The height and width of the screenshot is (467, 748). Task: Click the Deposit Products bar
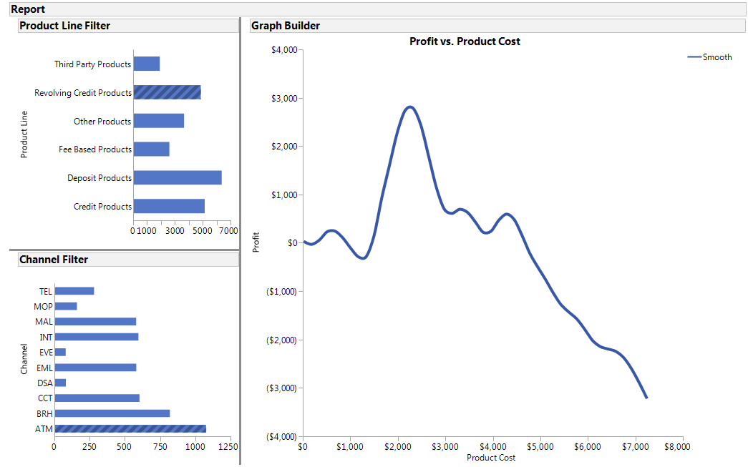coord(178,178)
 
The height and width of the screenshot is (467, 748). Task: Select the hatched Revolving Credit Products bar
coord(167,92)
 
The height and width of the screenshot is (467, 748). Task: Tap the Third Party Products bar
coord(147,64)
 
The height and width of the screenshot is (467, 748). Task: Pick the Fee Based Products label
coord(95,149)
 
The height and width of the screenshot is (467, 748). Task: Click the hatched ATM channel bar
coord(130,429)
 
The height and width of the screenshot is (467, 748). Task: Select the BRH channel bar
coord(112,413)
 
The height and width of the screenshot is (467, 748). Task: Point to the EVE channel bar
coord(60,352)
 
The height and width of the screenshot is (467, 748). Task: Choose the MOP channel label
coord(44,306)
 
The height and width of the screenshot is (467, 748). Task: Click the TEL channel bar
coord(74,291)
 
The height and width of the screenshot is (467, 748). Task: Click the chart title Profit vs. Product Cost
coord(465,41)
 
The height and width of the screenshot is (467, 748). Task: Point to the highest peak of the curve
coord(409,107)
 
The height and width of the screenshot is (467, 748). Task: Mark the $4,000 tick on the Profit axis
coord(286,50)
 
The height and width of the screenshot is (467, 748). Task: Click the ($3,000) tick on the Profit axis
coord(282,388)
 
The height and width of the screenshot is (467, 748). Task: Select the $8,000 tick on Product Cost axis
coord(677,446)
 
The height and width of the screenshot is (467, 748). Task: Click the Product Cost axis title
coord(490,457)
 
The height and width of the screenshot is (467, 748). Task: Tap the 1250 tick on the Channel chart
coord(228,446)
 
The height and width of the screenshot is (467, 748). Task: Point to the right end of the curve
coord(646,398)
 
